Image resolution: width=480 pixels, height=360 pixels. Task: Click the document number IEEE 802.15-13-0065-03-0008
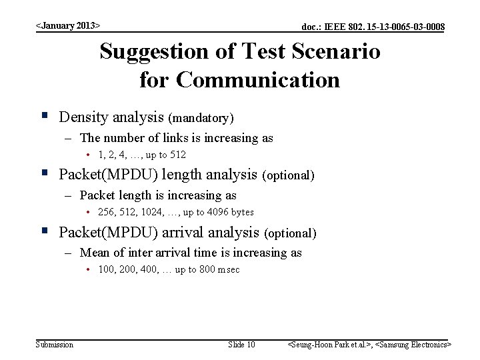(373, 27)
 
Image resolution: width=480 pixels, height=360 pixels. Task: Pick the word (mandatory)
(201, 118)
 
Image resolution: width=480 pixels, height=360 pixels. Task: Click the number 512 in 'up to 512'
(178, 155)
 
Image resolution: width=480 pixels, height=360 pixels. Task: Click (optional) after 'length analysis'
(289, 175)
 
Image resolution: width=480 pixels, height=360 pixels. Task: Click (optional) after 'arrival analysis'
(290, 233)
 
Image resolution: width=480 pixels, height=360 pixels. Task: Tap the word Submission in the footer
(55, 345)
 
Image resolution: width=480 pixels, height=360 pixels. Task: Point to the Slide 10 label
(241, 345)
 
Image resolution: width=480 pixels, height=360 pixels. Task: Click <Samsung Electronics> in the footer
(414, 345)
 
